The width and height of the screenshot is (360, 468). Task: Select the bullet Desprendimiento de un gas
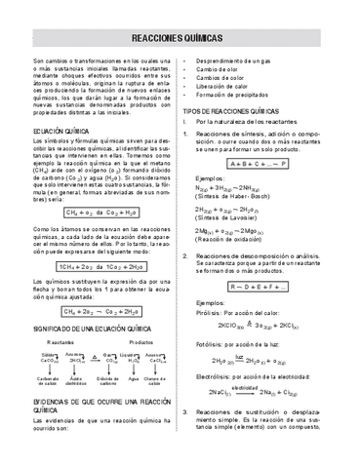pos(233,61)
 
